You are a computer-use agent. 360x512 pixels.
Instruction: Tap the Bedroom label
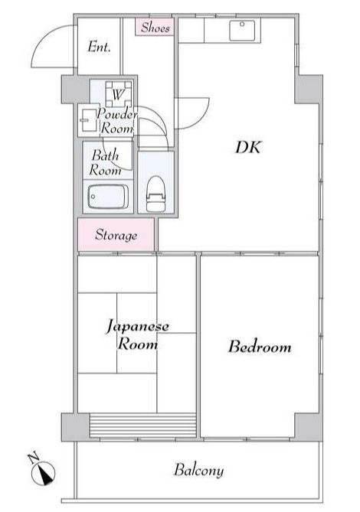point(260,347)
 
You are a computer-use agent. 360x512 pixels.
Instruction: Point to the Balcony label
point(198,470)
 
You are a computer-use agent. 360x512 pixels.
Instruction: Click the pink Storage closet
point(116,235)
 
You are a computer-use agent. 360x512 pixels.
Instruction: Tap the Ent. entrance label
point(99,47)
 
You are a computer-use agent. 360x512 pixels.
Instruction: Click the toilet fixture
point(155,194)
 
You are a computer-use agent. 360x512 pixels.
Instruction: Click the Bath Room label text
point(105,163)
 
